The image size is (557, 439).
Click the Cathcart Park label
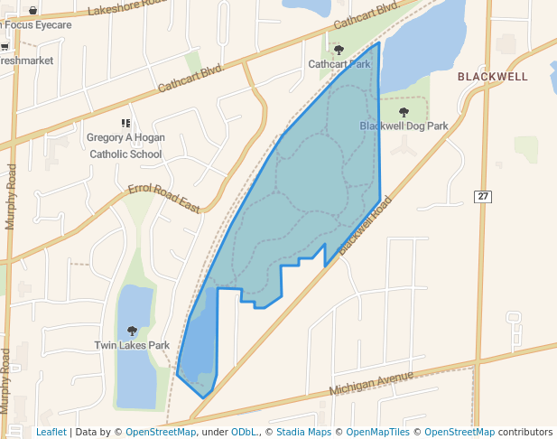coord(339,64)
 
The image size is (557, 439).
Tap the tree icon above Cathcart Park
coord(339,50)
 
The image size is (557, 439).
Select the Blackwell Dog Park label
coord(404,126)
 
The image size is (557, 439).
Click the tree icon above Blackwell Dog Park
coord(404,112)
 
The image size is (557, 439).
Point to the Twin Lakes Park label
coord(132,345)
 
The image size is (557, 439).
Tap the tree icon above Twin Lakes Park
coord(133,331)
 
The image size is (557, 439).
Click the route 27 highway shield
coord(484,196)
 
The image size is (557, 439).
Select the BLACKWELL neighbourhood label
coord(492,77)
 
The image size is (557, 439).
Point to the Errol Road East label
coord(163,198)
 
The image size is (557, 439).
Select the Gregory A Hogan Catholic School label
coord(125,145)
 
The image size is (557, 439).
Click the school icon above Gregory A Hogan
coord(125,123)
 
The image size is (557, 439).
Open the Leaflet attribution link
coord(51,432)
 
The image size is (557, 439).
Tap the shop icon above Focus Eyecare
coord(33,10)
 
